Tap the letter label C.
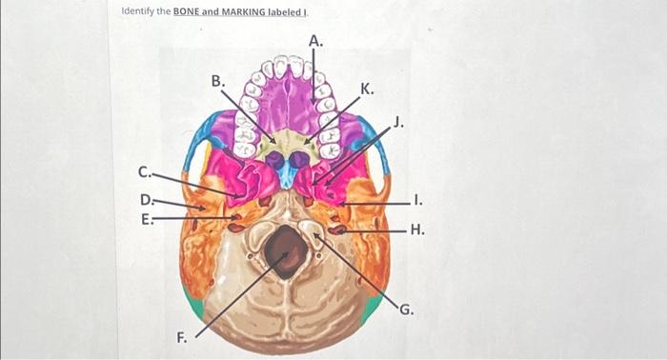pyautogui.click(x=144, y=172)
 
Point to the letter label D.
pyautogui.click(x=145, y=200)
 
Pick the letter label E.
pyautogui.click(x=145, y=217)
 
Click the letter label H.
pyautogui.click(x=416, y=230)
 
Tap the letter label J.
pyautogui.click(x=398, y=121)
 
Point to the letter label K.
pyautogui.click(x=368, y=89)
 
